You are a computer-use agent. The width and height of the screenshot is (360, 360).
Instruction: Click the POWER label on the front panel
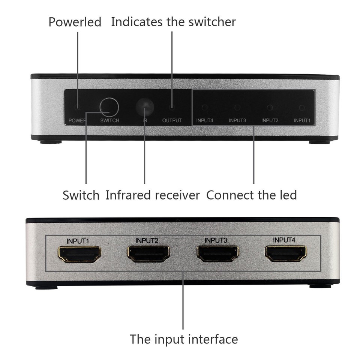click(x=77, y=121)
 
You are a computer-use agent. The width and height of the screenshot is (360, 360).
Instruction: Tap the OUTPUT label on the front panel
click(x=172, y=121)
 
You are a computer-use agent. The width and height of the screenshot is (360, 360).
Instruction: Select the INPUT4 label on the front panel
click(x=205, y=121)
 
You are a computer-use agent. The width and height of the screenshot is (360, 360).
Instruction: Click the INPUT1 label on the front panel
click(x=302, y=121)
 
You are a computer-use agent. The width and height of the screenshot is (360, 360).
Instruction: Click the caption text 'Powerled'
click(x=75, y=22)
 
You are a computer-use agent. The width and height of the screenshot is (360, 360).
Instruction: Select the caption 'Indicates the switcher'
click(x=173, y=22)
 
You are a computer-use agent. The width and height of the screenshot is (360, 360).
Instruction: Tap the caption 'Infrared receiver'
click(x=153, y=195)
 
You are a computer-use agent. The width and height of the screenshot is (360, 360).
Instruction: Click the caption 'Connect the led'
click(x=252, y=195)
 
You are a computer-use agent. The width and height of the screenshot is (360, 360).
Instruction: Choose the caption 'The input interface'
click(x=184, y=339)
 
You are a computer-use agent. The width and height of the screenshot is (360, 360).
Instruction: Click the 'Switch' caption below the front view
click(x=81, y=195)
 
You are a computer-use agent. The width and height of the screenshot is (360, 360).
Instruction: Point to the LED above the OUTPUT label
click(x=172, y=108)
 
